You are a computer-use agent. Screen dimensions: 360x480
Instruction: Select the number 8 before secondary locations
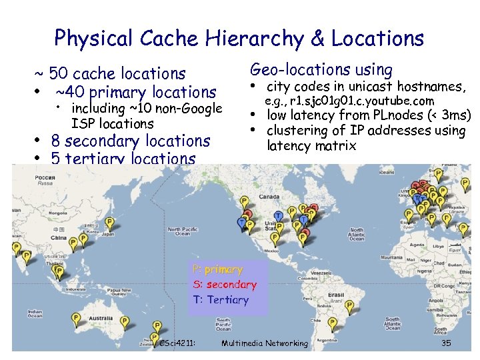point(57,141)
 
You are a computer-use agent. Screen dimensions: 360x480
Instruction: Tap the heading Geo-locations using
point(321,69)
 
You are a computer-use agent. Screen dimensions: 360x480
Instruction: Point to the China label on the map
point(59,237)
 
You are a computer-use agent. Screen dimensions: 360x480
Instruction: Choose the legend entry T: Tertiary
point(220,300)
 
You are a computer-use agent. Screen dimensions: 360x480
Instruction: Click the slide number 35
point(446,343)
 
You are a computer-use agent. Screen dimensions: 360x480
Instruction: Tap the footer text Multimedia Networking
point(264,343)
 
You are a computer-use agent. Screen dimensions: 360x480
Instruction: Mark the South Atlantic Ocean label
point(394,324)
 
